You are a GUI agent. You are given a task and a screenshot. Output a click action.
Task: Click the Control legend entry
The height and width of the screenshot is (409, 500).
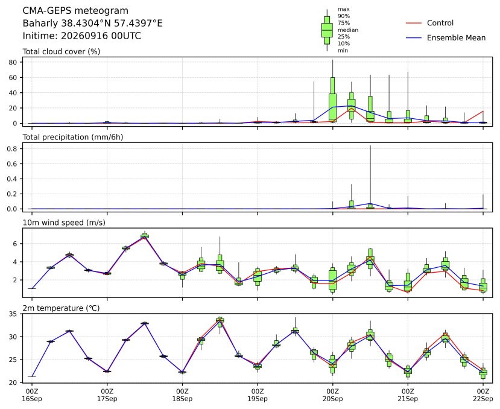429,23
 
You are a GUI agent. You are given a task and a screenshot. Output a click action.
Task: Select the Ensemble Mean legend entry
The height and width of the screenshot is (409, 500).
446,37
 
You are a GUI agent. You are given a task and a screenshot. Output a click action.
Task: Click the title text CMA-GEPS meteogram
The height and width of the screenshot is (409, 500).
75,11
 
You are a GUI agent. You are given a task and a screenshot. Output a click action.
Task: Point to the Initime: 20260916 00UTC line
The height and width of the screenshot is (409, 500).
81,36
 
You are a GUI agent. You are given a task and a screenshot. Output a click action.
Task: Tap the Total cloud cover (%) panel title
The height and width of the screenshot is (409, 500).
62,52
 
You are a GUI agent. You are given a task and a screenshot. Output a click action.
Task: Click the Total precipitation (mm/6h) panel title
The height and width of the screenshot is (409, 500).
73,137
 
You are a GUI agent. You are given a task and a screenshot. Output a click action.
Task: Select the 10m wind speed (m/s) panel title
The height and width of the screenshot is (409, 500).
64,223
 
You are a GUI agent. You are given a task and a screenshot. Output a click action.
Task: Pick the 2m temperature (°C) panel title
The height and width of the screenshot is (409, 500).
61,308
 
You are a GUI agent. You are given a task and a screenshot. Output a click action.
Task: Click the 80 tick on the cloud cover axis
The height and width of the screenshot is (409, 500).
13,62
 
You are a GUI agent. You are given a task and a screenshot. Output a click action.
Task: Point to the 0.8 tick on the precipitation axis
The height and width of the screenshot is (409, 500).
12,148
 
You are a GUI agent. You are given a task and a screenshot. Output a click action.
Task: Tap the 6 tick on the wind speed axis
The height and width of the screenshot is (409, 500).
15,244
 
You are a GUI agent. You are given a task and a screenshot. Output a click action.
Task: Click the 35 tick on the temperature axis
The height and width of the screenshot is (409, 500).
13,314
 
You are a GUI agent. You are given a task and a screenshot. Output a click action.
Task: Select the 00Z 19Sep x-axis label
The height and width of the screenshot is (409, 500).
258,395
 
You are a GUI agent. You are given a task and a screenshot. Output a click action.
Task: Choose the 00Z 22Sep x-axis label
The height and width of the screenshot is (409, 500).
483,395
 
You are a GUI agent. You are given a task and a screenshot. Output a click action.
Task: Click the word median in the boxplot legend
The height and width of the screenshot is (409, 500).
348,30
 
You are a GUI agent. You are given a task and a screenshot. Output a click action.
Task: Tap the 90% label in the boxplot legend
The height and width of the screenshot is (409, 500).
343,16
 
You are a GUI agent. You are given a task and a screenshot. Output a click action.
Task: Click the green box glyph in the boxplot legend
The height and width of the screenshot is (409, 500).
327,30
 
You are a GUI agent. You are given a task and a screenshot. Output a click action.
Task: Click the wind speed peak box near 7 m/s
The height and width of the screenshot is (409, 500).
145,236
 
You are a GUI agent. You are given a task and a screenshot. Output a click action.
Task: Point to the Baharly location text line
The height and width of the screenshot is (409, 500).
92,24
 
